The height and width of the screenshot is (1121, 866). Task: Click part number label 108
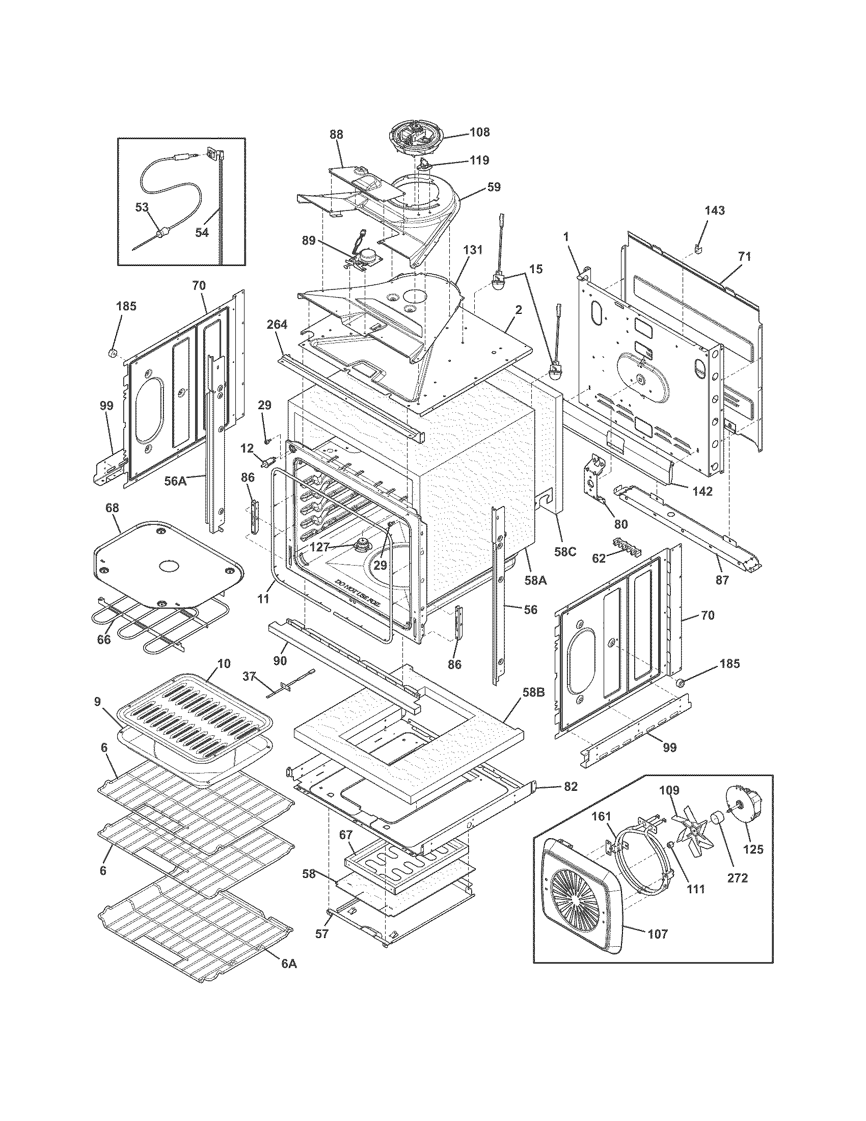(x=479, y=132)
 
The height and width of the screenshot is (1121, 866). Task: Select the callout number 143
(x=715, y=210)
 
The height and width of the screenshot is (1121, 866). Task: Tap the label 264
(x=277, y=325)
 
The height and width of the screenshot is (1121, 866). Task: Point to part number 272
(x=737, y=878)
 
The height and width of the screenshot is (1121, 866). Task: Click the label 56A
(x=175, y=481)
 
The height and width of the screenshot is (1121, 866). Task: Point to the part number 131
(x=473, y=250)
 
